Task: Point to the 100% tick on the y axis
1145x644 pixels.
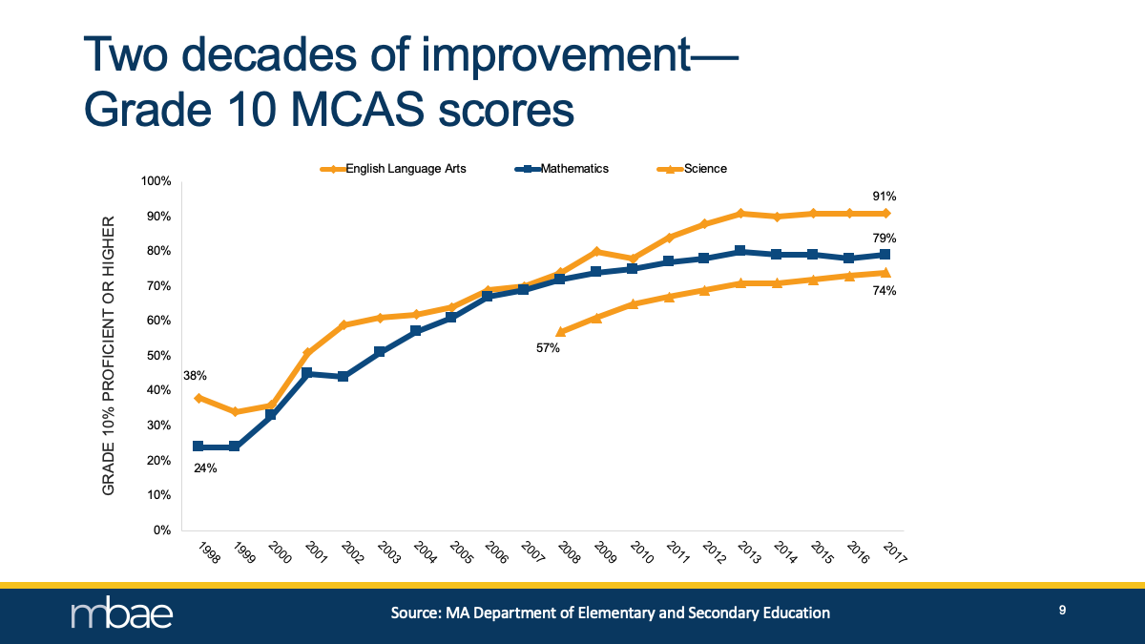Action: (156, 181)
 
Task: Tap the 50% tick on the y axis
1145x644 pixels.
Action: (158, 356)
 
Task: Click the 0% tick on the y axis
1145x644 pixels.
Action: (161, 530)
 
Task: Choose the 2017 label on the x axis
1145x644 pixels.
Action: (894, 553)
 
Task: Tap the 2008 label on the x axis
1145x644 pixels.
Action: (568, 553)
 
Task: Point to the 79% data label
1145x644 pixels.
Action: (885, 238)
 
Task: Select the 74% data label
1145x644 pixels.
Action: (885, 291)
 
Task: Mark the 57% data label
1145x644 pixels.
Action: (548, 348)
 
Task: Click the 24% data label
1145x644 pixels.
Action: (205, 467)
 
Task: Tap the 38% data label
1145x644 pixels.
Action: (195, 376)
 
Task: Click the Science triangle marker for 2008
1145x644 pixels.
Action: (561, 332)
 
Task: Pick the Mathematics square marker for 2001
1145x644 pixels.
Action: (307, 373)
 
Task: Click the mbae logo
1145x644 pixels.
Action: (122, 613)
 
